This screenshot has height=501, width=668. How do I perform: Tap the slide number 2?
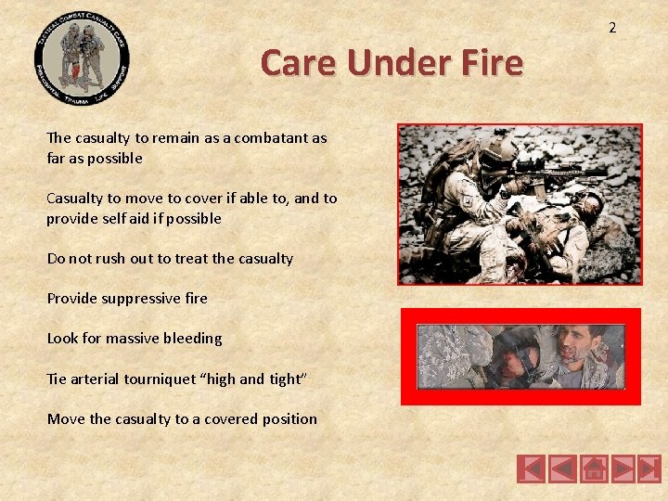(x=612, y=28)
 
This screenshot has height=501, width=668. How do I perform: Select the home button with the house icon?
(x=594, y=469)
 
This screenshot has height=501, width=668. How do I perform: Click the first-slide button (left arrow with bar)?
(x=531, y=469)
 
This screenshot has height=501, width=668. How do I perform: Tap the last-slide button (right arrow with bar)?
(x=649, y=469)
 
